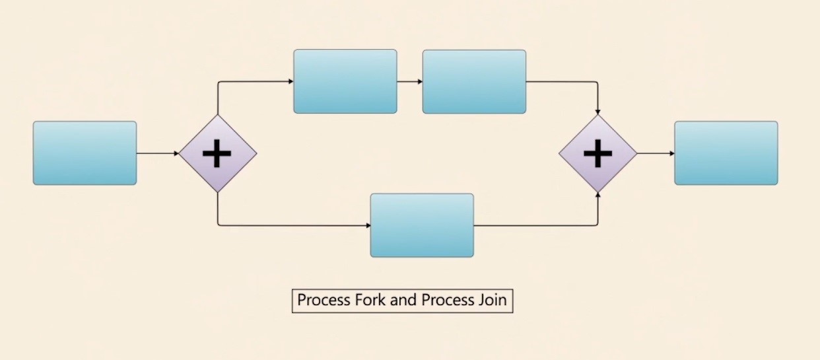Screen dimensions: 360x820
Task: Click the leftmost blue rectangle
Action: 85,153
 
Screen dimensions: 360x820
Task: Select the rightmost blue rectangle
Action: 726,153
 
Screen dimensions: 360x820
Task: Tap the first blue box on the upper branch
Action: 345,81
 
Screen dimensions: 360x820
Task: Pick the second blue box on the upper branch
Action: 474,81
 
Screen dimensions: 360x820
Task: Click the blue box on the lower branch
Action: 422,225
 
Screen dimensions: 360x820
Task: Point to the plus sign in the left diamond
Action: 217,154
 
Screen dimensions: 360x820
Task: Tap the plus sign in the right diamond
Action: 598,154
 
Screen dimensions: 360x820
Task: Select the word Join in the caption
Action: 491,300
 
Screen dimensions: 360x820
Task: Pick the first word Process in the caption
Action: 324,300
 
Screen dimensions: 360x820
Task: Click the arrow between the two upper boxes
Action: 409,82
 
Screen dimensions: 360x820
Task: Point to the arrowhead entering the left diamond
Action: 176,153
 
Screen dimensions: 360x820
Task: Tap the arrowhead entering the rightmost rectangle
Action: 671,153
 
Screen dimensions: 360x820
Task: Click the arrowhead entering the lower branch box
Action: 368,226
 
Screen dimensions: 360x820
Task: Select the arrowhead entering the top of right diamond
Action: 598,112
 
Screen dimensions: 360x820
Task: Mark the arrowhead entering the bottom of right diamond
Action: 598,196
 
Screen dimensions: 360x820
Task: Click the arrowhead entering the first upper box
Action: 290,82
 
